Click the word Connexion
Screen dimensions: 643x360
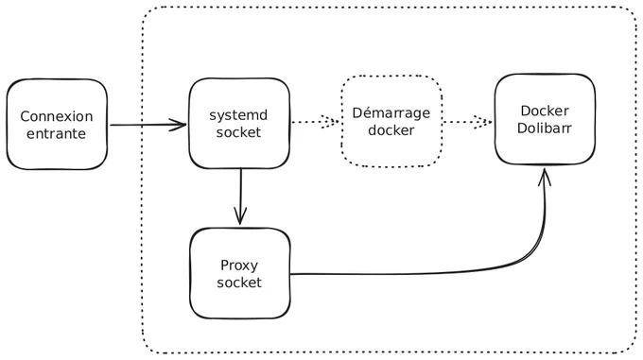click(x=57, y=116)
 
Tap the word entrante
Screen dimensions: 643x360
click(x=56, y=134)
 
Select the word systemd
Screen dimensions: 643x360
click(x=238, y=115)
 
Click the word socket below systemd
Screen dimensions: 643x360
click(x=238, y=132)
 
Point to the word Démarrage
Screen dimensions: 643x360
click(x=391, y=113)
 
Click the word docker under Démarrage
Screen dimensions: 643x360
click(x=391, y=130)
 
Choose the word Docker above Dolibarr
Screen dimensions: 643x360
click(x=545, y=111)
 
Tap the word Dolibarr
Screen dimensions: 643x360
click(x=544, y=129)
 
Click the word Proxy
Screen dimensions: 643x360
click(x=239, y=266)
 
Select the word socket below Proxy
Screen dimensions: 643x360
click(x=239, y=283)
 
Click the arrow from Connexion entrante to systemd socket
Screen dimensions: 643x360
click(x=148, y=125)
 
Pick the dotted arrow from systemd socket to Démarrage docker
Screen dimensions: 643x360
click(x=315, y=122)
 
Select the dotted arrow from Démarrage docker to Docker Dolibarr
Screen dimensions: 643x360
click(x=467, y=122)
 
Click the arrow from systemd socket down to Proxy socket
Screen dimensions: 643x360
click(x=240, y=197)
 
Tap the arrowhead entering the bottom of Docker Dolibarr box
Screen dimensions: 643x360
click(x=545, y=176)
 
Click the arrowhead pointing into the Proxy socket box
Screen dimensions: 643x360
click(x=240, y=215)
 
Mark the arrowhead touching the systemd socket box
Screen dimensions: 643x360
click(x=179, y=125)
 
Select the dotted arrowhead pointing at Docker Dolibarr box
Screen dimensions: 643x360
click(x=483, y=122)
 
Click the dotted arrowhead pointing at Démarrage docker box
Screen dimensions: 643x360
click(x=330, y=122)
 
